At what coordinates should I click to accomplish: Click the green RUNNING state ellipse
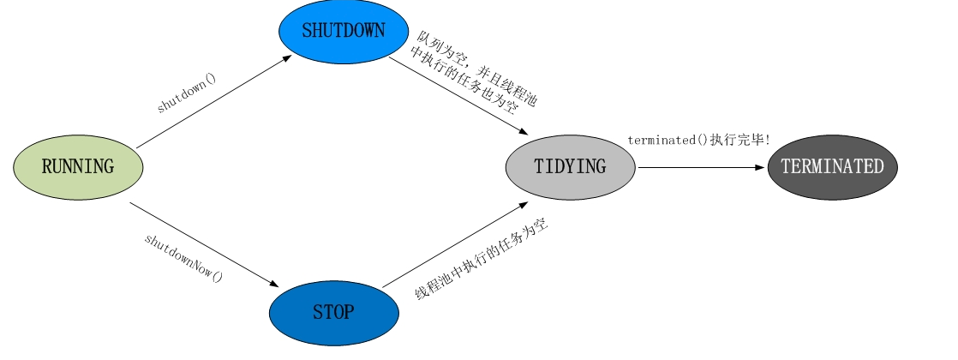pos(78,166)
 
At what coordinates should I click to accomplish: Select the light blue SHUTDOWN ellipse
pos(343,30)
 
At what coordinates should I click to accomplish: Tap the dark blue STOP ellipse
pos(333,313)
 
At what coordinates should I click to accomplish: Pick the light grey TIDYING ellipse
pos(571,166)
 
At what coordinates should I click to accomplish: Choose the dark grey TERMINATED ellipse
pos(832,166)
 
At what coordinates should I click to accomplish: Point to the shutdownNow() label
pos(183,257)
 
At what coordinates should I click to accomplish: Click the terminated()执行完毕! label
pos(699,139)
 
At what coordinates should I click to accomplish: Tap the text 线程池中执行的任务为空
pos(482,259)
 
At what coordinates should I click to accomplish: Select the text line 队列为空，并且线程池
pos(478,68)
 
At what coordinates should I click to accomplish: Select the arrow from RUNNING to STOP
pos(206,244)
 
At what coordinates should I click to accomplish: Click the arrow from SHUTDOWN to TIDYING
pos(458,95)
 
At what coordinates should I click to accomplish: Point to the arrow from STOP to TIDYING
pos(454,245)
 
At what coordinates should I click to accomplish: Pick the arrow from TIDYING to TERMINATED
pos(698,168)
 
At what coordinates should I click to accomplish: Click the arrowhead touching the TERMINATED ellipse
pos(759,168)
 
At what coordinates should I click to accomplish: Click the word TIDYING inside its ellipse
pos(571,166)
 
